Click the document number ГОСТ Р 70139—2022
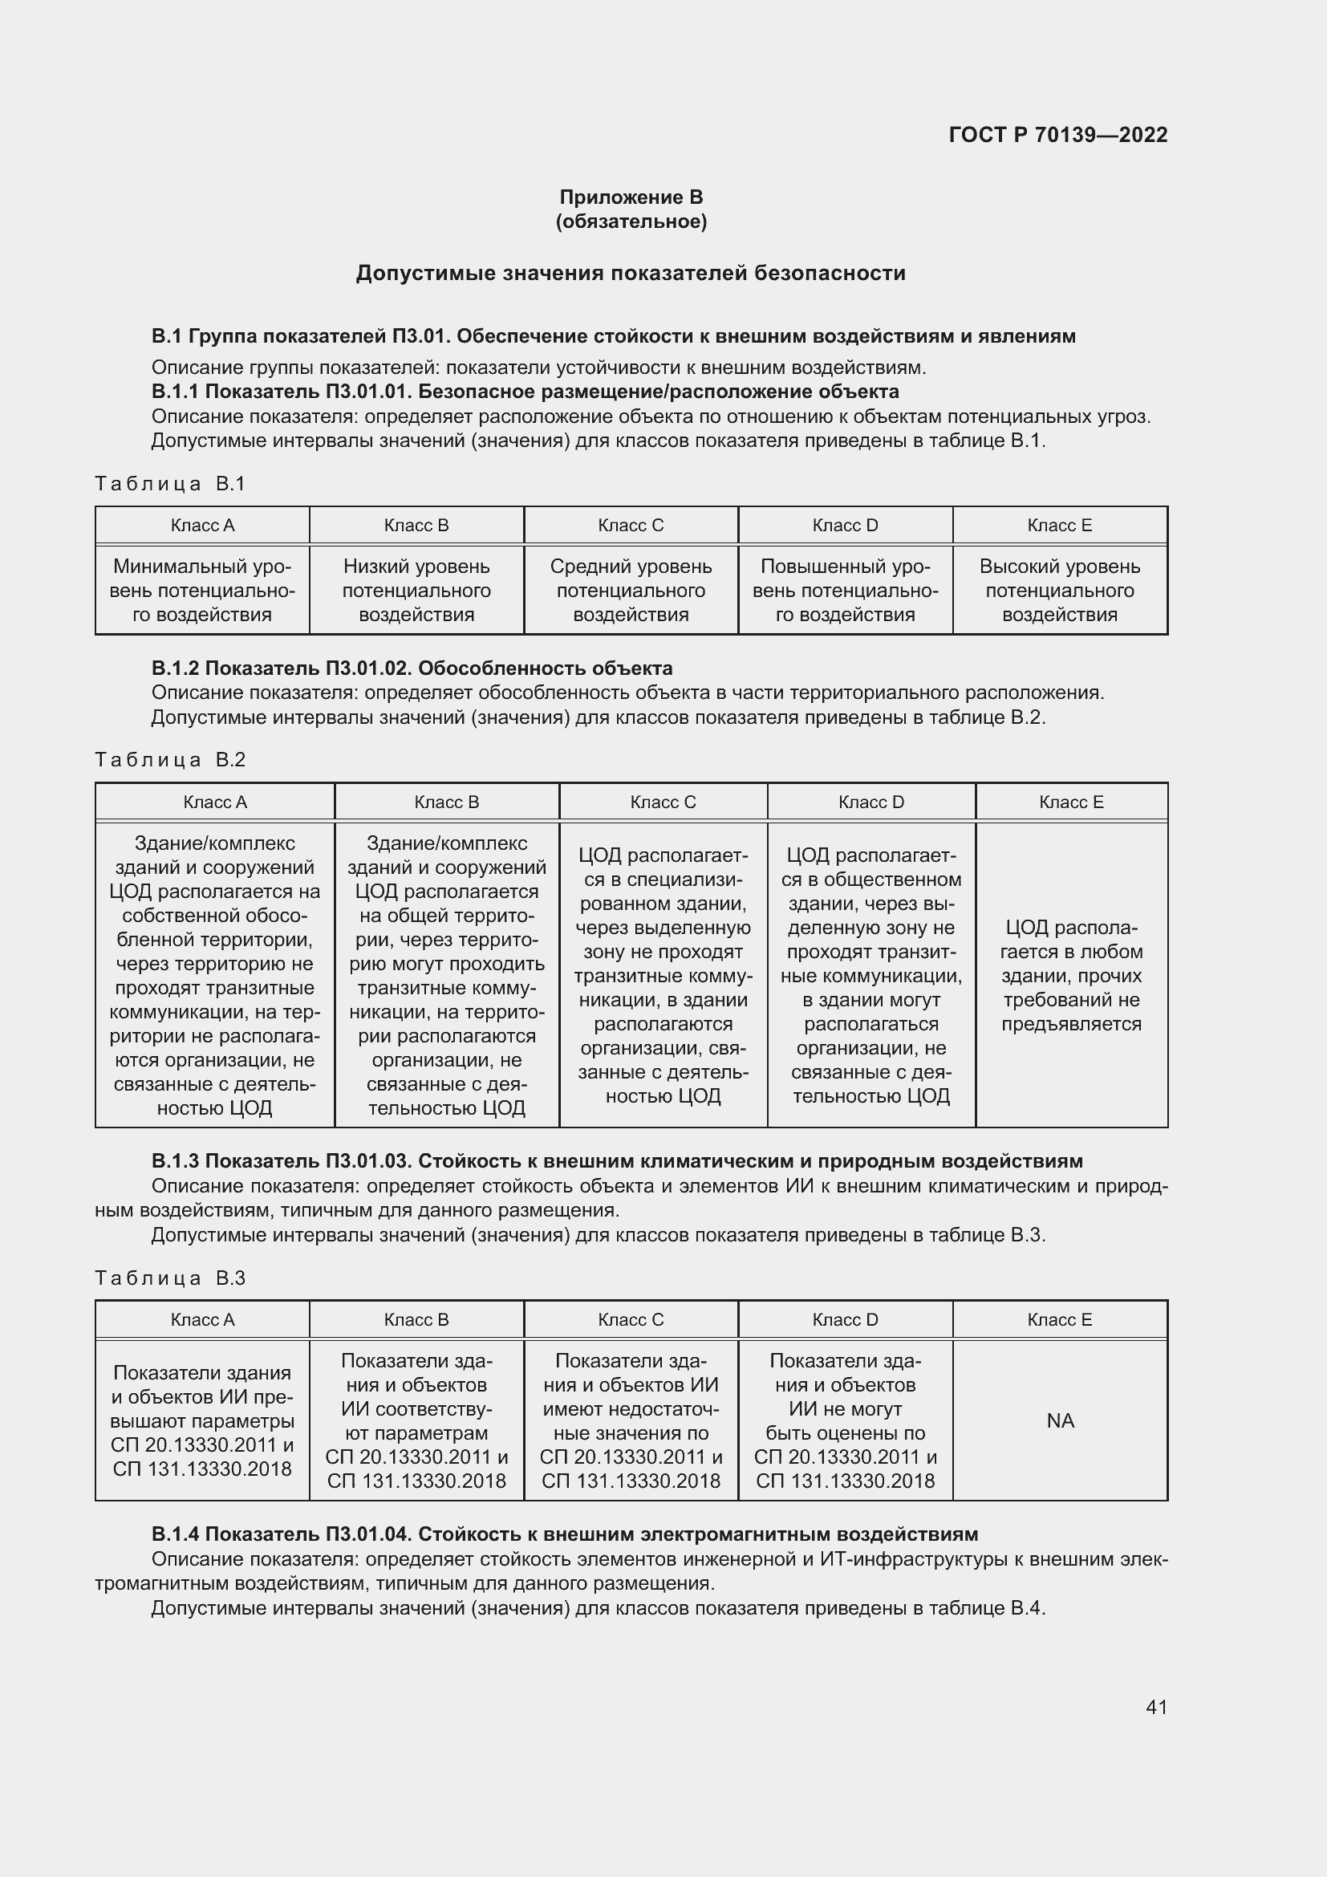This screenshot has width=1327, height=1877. [x=1057, y=135]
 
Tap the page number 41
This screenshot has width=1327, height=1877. [x=1156, y=1707]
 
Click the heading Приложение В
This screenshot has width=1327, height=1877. [x=631, y=197]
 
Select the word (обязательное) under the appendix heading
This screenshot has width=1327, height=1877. [x=631, y=221]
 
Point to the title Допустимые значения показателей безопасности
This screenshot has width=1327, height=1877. [x=631, y=273]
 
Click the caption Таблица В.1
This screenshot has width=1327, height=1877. [x=170, y=484]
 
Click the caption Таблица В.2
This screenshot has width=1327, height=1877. [x=170, y=760]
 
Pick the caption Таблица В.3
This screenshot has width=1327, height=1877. [x=170, y=1278]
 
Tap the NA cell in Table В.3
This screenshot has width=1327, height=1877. [x=1060, y=1421]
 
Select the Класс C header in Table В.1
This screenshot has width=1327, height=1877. [x=631, y=526]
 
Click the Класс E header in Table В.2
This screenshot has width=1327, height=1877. [x=1071, y=802]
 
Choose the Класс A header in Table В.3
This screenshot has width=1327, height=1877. [x=203, y=1320]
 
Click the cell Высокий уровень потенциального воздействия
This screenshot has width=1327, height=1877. [x=1060, y=591]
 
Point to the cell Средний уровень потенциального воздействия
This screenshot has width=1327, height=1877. [x=631, y=591]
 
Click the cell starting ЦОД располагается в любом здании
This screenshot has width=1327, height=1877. [x=1071, y=975]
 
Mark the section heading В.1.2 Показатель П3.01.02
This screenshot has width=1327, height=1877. [x=412, y=668]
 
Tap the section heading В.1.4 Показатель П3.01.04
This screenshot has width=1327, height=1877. [x=564, y=1534]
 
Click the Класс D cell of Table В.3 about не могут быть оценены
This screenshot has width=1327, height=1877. [x=845, y=1421]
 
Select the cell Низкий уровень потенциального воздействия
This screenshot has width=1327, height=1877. [x=416, y=591]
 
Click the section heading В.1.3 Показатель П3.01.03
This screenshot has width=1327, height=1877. [x=617, y=1162]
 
